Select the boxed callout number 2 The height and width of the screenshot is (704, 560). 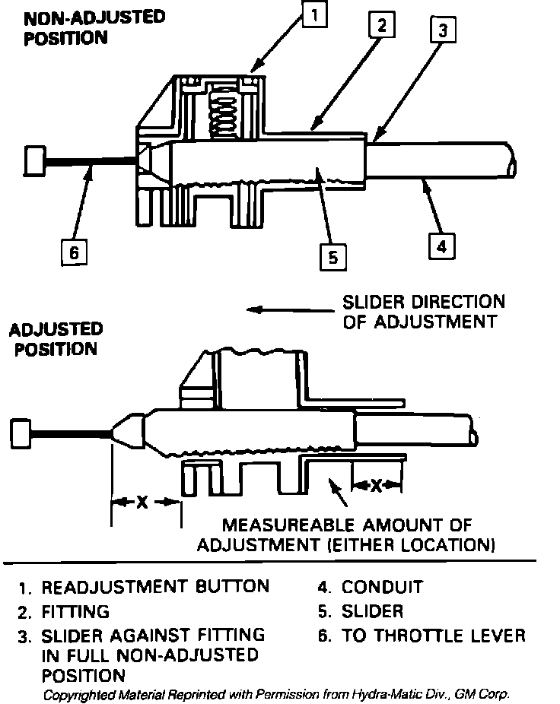coord(382,26)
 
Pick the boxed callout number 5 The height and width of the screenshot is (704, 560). coord(332,257)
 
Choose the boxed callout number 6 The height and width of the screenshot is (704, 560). coord(74,252)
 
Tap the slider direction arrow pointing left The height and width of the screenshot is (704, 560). coord(289,309)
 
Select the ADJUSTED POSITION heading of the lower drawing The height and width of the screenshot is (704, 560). coord(56,339)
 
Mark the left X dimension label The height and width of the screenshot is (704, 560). coord(142,503)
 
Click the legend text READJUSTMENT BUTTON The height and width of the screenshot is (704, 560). coord(155,587)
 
